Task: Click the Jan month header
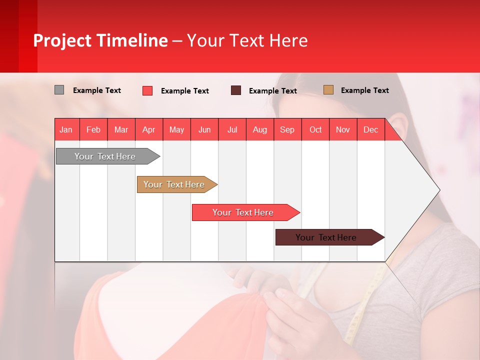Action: click(66, 129)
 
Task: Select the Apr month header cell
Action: click(149, 129)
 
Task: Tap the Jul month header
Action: click(232, 129)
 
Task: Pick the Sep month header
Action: click(287, 129)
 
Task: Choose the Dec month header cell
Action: click(370, 129)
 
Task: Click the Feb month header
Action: click(93, 129)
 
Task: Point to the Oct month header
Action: click(315, 129)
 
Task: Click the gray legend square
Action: click(59, 90)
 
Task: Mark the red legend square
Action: click(147, 90)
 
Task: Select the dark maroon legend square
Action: click(236, 90)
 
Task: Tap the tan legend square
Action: click(328, 90)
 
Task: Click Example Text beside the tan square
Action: click(364, 90)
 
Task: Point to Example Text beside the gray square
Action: click(97, 90)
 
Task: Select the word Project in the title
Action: click(62, 40)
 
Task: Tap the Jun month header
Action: click(204, 129)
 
